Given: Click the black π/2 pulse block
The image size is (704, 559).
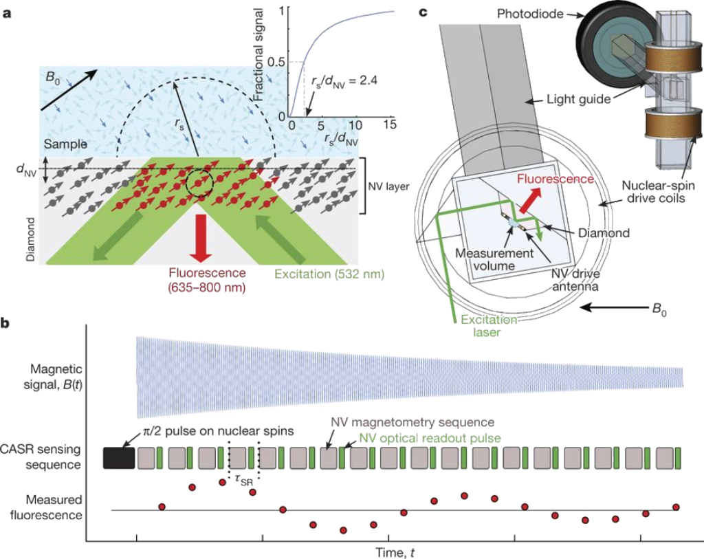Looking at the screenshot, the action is [119, 458].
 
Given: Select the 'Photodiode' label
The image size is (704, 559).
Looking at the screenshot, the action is [530, 14].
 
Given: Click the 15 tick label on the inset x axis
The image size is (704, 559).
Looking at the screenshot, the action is [389, 124].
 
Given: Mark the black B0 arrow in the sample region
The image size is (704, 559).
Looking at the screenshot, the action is [68, 90].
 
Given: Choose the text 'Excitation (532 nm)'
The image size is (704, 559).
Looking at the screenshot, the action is [329, 274].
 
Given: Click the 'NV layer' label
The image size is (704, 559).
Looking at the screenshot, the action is [389, 186].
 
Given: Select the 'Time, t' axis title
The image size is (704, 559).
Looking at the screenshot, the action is [395, 552].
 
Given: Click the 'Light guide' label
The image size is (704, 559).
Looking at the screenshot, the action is [578, 99].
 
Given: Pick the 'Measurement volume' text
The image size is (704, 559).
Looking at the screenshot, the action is [494, 259].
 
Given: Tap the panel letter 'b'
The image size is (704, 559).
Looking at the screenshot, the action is [5, 322].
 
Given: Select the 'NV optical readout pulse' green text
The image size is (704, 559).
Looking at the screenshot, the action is [430, 438].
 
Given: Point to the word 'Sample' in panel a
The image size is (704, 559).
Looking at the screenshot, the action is [65, 144].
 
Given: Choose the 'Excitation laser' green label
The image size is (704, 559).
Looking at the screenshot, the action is [489, 326].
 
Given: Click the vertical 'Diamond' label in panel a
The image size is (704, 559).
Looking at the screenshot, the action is [30, 239].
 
